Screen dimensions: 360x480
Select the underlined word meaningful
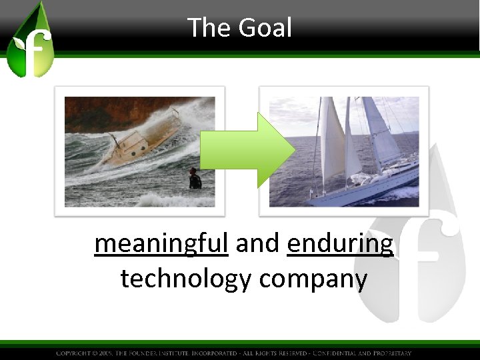coord(161,245)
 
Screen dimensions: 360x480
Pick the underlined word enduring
coord(340,245)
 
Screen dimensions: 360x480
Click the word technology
coord(186,279)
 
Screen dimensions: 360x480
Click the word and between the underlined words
coord(257,245)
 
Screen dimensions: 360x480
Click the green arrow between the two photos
coord(247,150)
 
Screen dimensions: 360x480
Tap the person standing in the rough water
coord(194,179)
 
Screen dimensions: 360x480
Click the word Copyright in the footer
coord(76,353)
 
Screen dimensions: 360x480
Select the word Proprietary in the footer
coord(390,353)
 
